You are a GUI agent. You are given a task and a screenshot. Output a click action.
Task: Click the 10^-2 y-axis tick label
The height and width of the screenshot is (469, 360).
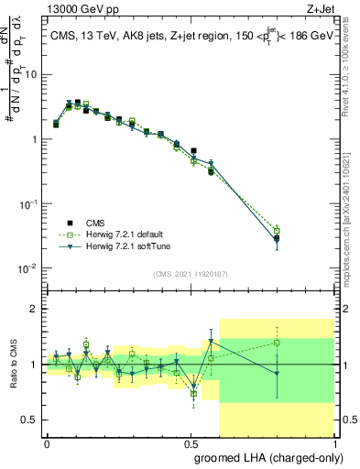click(30, 268)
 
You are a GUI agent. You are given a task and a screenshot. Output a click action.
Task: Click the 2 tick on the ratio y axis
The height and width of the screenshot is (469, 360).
click(36, 309)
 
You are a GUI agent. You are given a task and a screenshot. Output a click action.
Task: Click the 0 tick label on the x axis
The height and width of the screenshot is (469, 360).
click(47, 442)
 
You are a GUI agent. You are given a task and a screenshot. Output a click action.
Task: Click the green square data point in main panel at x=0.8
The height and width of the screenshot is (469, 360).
click(277, 230)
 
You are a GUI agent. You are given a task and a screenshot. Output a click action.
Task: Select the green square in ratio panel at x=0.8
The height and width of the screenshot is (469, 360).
click(277, 343)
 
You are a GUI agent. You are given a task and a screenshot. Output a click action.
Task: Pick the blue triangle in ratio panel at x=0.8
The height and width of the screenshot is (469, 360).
click(277, 373)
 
